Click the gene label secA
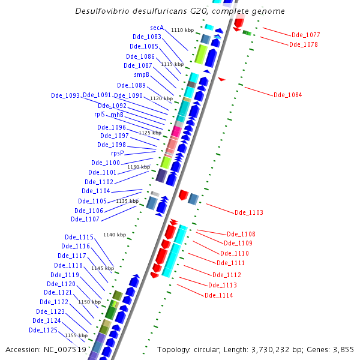pyautogui.click(x=157, y=28)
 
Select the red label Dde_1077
pyautogui.click(x=305, y=35)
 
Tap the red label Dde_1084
pyautogui.click(x=287, y=95)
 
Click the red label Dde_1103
pyautogui.click(x=248, y=212)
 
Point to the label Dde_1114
pyautogui.click(x=218, y=295)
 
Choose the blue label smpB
pyautogui.click(x=141, y=75)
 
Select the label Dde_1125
pyautogui.click(x=43, y=330)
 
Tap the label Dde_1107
pyautogui.click(x=85, y=219)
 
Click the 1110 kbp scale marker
pyautogui.click(x=182, y=30)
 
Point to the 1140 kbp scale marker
pyautogui.click(x=115, y=235)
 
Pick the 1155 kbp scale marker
pyautogui.click(x=76, y=335)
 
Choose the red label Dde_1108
pyautogui.click(x=241, y=234)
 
